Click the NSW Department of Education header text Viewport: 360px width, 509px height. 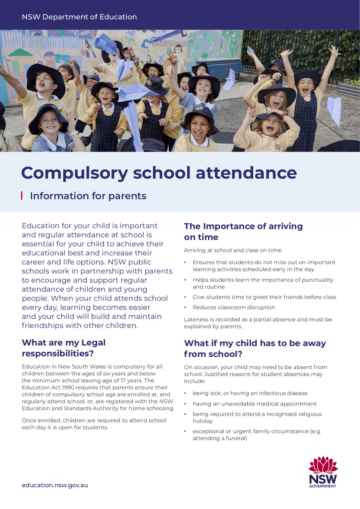pos(79,17)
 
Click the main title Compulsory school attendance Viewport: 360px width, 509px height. pos(159,173)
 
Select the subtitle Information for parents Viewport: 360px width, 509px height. pos(88,196)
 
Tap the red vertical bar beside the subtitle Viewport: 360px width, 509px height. pos(22,196)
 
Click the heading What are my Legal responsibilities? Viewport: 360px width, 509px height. pos(64,348)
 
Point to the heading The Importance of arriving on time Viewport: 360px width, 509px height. pos(243,232)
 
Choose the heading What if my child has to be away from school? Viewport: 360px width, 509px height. pos(254,349)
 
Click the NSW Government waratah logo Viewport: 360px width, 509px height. pos(323,472)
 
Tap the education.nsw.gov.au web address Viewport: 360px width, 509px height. pos(55,485)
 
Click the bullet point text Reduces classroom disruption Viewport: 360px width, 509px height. pos(234,308)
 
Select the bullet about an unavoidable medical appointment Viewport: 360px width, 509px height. pos(254,404)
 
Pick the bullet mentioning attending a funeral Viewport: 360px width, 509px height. pos(257,435)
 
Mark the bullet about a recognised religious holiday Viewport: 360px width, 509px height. pos(257,417)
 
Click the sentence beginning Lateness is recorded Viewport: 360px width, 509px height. pos(258,323)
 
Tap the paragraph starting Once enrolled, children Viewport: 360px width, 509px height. pos(94,424)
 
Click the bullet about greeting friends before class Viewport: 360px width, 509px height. pos(264,297)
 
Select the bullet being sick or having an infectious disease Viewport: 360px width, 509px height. pos(250,393)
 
